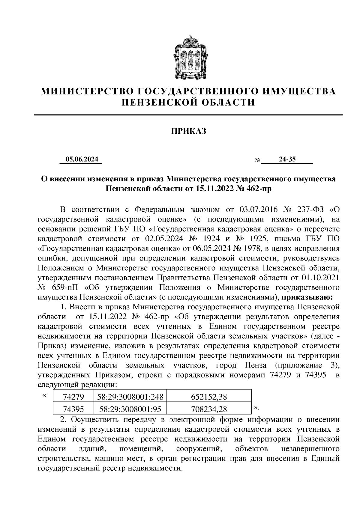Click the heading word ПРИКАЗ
click(x=189, y=131)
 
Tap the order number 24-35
click(x=287, y=159)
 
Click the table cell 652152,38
click(x=209, y=397)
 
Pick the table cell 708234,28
click(x=209, y=409)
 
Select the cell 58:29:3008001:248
click(x=130, y=397)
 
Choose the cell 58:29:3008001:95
click(x=130, y=409)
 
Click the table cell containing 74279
click(x=73, y=397)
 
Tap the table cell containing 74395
click(x=73, y=409)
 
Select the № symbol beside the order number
click(x=257, y=161)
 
